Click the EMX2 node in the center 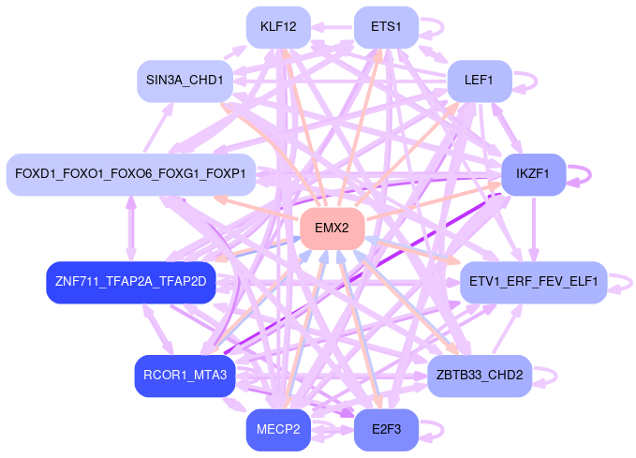tap(332, 229)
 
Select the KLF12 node tap(278, 26)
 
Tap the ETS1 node tap(386, 26)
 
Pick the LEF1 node tap(479, 81)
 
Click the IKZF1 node tap(533, 173)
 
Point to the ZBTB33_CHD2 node tap(480, 376)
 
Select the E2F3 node tap(386, 430)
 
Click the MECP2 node tap(278, 430)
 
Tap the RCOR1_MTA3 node tap(185, 376)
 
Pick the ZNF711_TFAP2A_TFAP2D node tap(131, 281)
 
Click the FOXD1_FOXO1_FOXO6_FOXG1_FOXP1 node tap(130, 174)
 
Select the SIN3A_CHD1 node tap(185, 81)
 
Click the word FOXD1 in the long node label tap(34, 174)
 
